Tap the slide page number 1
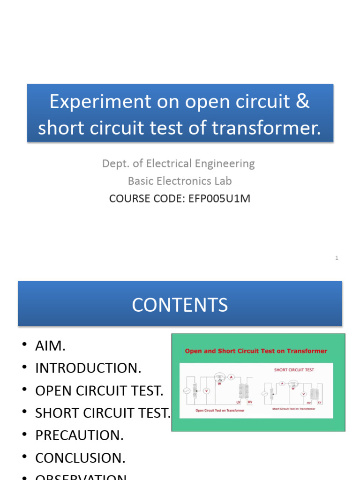[x=337, y=258]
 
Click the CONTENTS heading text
[x=180, y=305]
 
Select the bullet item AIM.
[x=50, y=346]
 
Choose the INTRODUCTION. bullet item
[x=88, y=368]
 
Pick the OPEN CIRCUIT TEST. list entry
[x=99, y=390]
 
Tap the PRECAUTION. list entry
[x=79, y=435]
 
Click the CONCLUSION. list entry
[x=80, y=458]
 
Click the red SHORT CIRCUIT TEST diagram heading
[x=294, y=370]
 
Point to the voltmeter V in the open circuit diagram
[x=206, y=390]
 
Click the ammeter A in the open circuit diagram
[x=231, y=376]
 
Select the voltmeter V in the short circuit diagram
[x=303, y=394]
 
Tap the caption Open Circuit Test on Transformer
[x=219, y=410]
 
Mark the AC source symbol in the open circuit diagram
[x=187, y=390]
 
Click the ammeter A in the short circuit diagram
[x=282, y=383]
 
